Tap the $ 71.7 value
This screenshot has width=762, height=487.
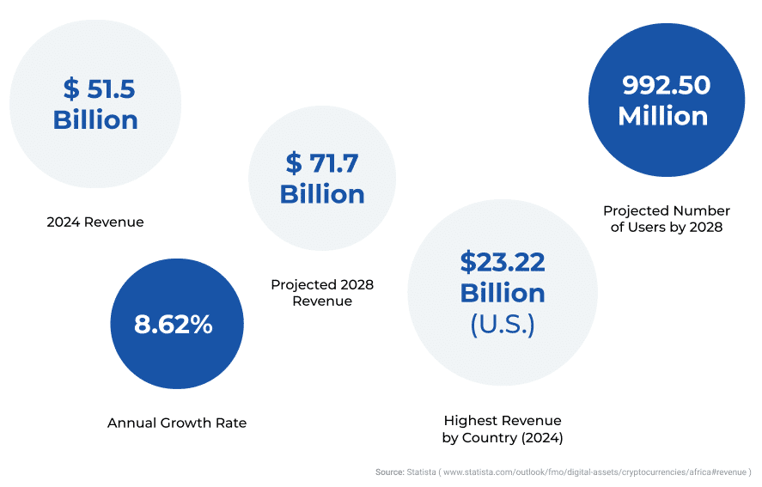click(322, 161)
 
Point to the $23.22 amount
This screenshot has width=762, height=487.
click(503, 260)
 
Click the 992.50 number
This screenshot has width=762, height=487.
click(666, 85)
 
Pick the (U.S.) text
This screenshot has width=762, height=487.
click(503, 326)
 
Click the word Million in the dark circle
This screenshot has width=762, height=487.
click(663, 116)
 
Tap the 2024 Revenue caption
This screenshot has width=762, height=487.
click(94, 222)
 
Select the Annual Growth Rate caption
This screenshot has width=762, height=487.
click(177, 423)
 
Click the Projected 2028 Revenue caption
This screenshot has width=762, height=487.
click(322, 292)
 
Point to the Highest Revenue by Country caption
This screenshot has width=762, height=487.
click(503, 429)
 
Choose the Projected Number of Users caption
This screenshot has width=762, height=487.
click(667, 218)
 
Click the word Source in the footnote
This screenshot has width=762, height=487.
click(388, 472)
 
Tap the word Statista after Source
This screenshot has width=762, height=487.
click(421, 472)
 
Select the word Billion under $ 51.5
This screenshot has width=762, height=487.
click(95, 120)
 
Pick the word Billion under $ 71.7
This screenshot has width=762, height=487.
click(322, 194)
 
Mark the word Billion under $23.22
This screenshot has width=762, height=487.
click(503, 293)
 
